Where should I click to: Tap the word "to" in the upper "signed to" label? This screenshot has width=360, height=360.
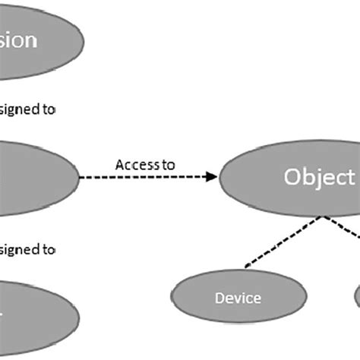click(x=48, y=109)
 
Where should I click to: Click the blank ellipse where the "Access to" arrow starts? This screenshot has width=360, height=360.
click(x=34, y=176)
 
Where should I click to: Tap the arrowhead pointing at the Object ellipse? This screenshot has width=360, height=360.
click(x=212, y=177)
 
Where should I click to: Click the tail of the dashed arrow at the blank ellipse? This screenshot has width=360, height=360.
click(x=83, y=177)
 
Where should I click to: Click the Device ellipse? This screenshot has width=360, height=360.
click(x=238, y=298)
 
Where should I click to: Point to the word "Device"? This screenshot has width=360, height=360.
click(x=238, y=298)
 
